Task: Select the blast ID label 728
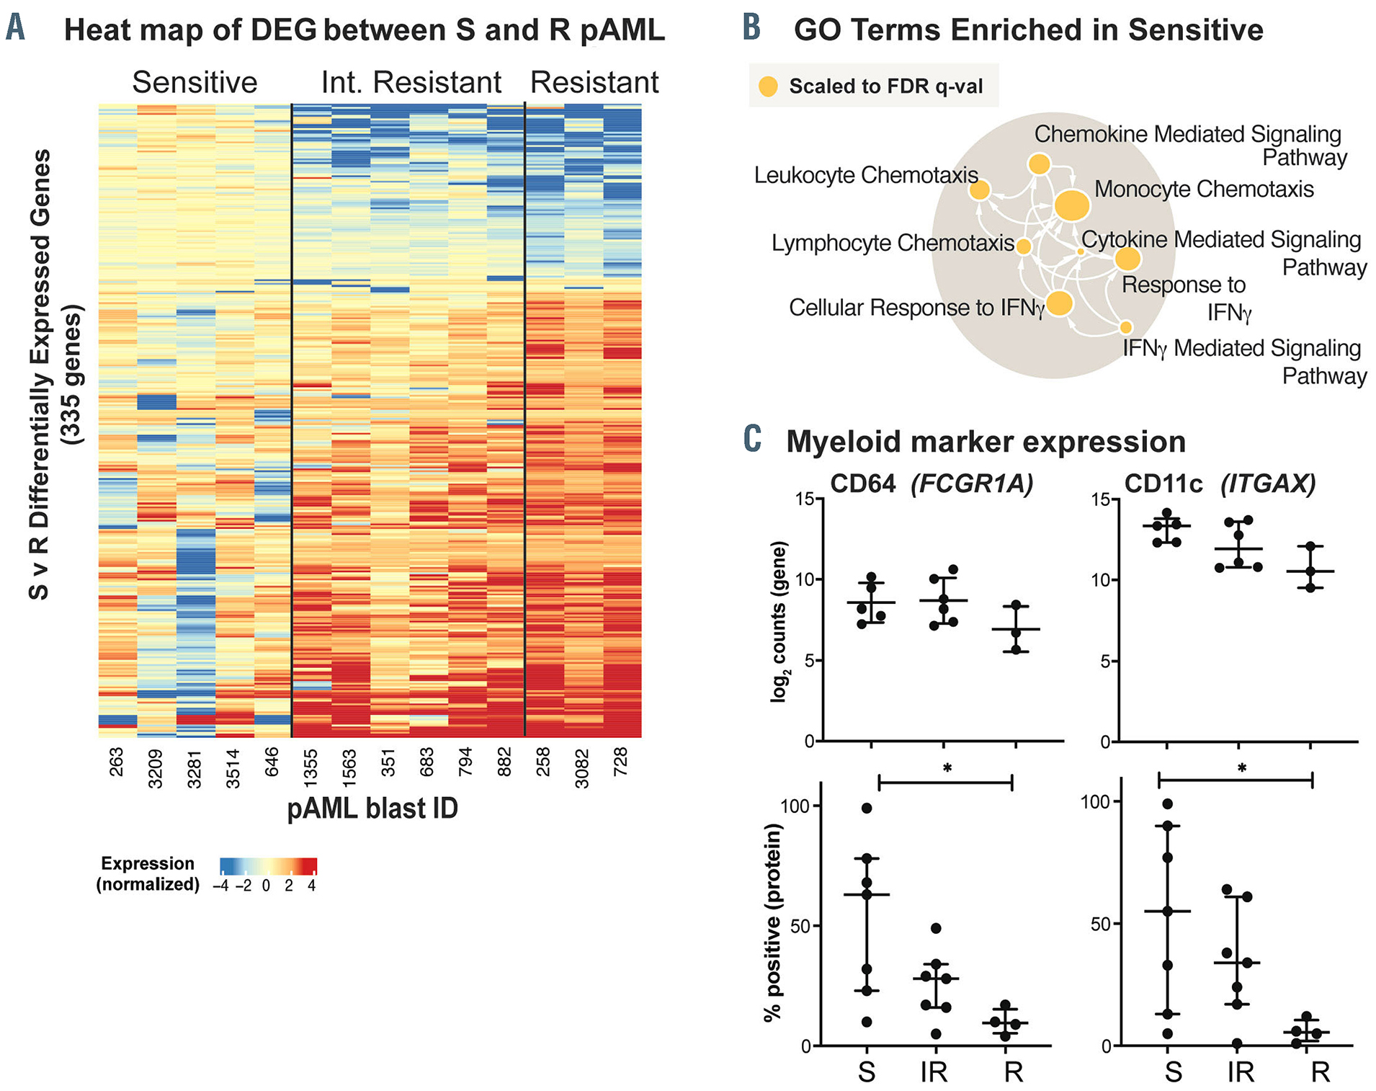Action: click(x=621, y=762)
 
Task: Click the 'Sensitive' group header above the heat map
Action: click(x=195, y=83)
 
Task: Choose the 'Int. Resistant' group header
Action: click(x=411, y=83)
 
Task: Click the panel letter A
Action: click(x=15, y=29)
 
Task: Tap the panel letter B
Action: click(x=751, y=29)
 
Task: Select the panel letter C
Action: click(x=752, y=440)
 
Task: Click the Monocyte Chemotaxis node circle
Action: click(x=1072, y=205)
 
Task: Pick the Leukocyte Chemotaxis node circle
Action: click(x=979, y=190)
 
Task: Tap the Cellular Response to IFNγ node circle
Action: click(x=1060, y=303)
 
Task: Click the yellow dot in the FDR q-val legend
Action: click(x=769, y=87)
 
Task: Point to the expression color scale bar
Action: click(x=268, y=865)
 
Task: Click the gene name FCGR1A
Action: click(x=972, y=484)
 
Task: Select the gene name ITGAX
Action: click(x=1268, y=484)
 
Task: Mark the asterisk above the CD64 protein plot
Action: click(x=947, y=769)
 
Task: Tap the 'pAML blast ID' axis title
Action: click(x=372, y=809)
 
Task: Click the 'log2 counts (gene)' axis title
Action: click(x=779, y=621)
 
